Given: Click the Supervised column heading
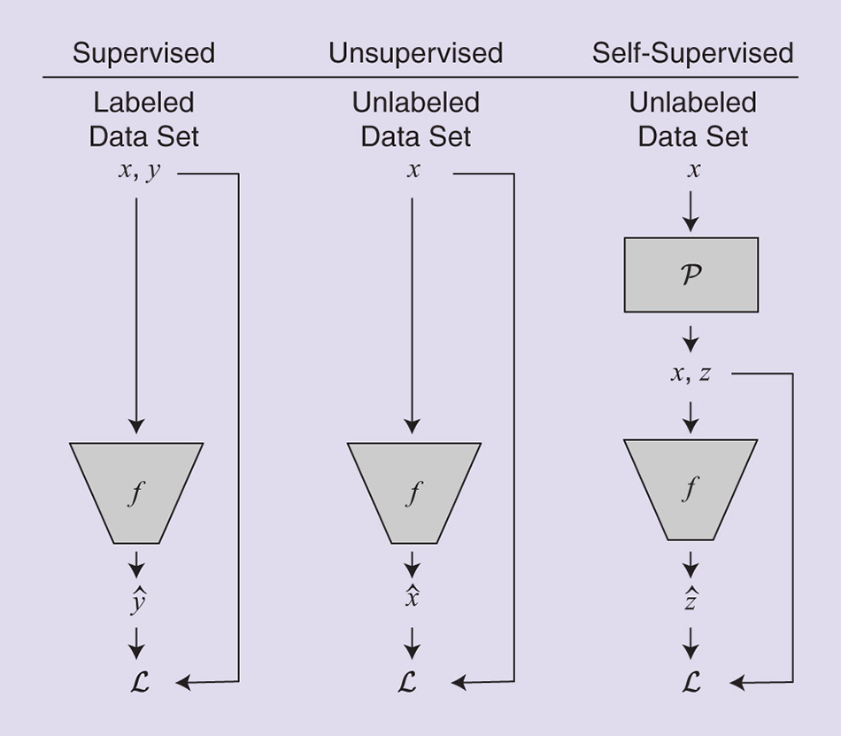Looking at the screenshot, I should (143, 53).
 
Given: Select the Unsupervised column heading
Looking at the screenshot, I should (415, 53).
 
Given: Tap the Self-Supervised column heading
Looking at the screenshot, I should (692, 53).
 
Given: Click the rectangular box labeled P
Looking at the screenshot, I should (691, 275).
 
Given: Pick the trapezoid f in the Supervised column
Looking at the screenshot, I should (136, 492).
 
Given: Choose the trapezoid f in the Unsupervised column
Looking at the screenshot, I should (413, 492).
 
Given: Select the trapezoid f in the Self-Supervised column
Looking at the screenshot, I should (691, 489).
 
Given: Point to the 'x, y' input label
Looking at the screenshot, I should (140, 171).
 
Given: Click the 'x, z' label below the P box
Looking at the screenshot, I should (691, 373).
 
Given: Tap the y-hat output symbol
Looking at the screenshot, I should (137, 602).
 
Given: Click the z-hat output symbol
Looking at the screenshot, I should (691, 600).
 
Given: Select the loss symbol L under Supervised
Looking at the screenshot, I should (137, 682).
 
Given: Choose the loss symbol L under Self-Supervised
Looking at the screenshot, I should (691, 682).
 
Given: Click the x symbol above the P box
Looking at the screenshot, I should (693, 170).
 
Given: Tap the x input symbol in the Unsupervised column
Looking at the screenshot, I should (413, 170).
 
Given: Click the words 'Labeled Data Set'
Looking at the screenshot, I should (143, 120).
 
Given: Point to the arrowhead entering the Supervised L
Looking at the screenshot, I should (182, 682).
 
